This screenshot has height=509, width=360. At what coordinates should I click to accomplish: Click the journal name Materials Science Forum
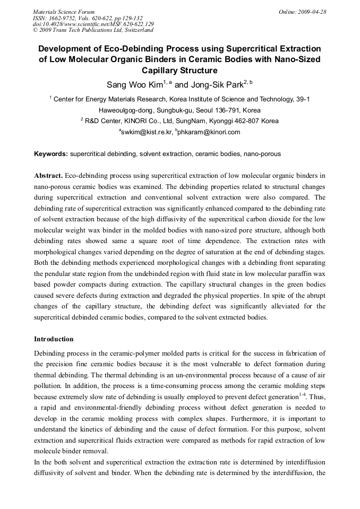pos(64,11)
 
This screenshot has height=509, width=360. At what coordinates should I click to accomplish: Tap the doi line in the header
pos(93,24)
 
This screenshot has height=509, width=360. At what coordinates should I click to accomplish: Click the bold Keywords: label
pos(51,154)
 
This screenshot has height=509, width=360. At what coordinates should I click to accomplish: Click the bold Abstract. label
pos(49,176)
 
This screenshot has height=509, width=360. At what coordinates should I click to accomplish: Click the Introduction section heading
pos(54,339)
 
